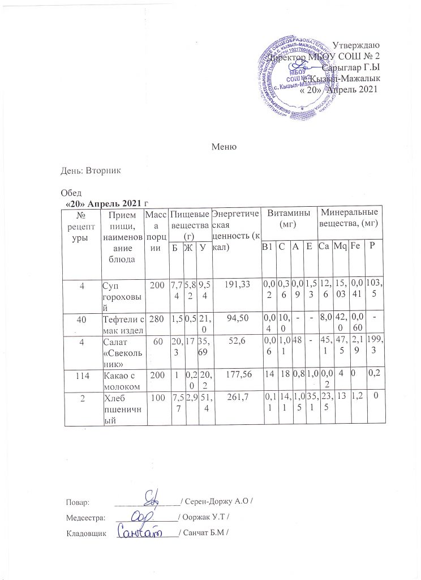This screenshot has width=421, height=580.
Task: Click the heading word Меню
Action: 223,147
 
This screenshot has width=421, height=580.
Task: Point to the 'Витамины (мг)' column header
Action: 288,218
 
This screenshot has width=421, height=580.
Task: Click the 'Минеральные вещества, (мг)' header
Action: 348,218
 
